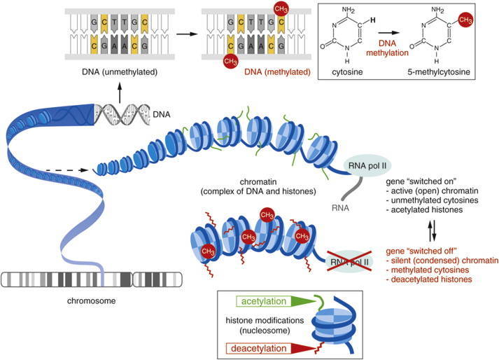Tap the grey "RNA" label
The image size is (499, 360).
tap(337, 207)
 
